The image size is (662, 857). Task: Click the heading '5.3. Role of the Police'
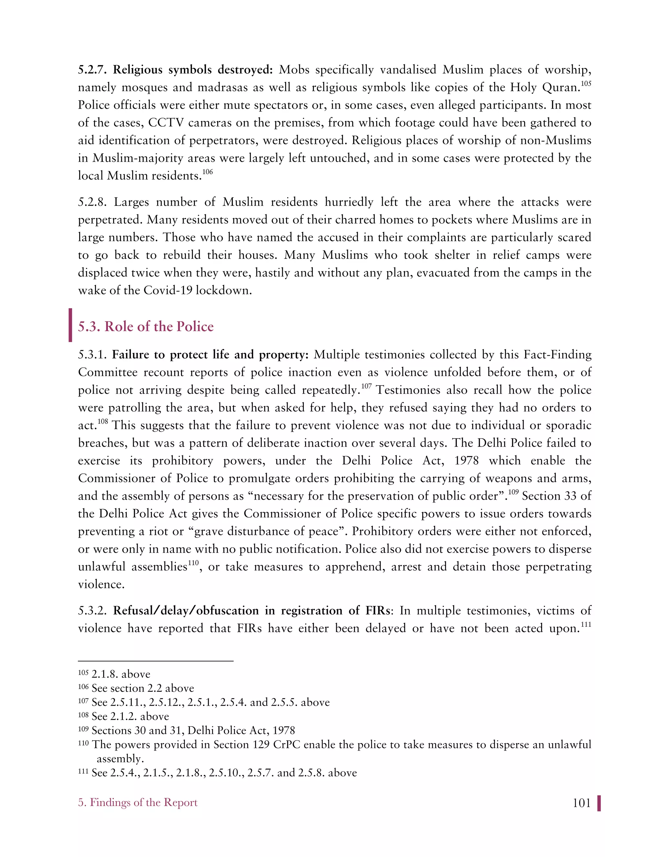[x=145, y=327]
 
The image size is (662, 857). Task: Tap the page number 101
[x=582, y=803]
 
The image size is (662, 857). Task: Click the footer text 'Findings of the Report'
[x=143, y=802]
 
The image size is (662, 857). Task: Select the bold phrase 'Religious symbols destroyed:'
[x=193, y=70]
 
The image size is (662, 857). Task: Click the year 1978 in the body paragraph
[x=466, y=461]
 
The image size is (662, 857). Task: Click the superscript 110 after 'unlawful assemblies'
[x=193, y=563]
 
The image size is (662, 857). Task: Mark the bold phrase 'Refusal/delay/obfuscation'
[x=186, y=611]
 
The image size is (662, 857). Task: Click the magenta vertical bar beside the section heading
[x=70, y=325]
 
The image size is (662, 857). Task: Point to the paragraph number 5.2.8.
[x=92, y=202]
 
